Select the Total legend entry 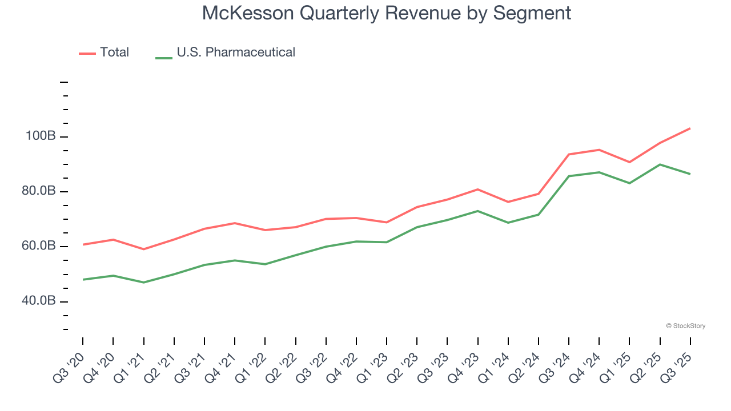(114, 53)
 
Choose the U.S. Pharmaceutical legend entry (235, 53)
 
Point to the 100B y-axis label (40, 136)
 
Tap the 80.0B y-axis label (38, 191)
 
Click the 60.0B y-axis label (38, 246)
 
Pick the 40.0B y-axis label (38, 301)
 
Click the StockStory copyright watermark (685, 326)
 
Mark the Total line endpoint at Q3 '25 (690, 128)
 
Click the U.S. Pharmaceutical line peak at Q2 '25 (660, 164)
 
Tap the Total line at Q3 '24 (569, 154)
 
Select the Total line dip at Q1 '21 (143, 249)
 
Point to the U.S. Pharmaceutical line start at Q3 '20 (83, 280)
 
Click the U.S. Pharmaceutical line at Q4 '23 (477, 211)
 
